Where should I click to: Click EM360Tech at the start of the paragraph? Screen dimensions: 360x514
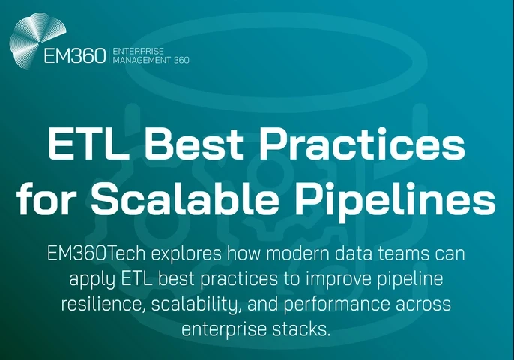(x=94, y=253)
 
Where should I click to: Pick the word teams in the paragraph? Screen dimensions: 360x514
(x=384, y=253)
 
